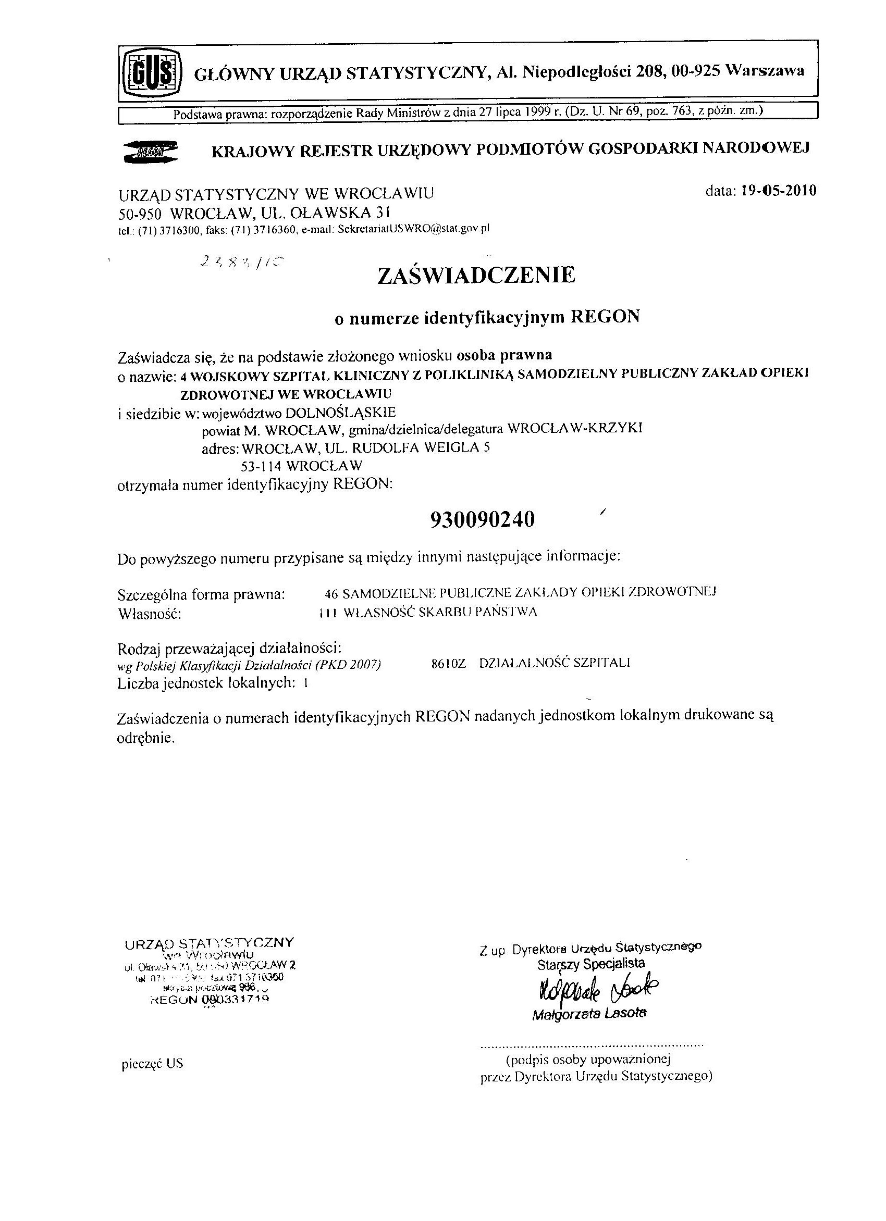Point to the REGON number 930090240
(483, 519)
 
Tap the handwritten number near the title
(241, 262)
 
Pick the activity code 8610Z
(448, 663)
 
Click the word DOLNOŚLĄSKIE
(340, 413)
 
